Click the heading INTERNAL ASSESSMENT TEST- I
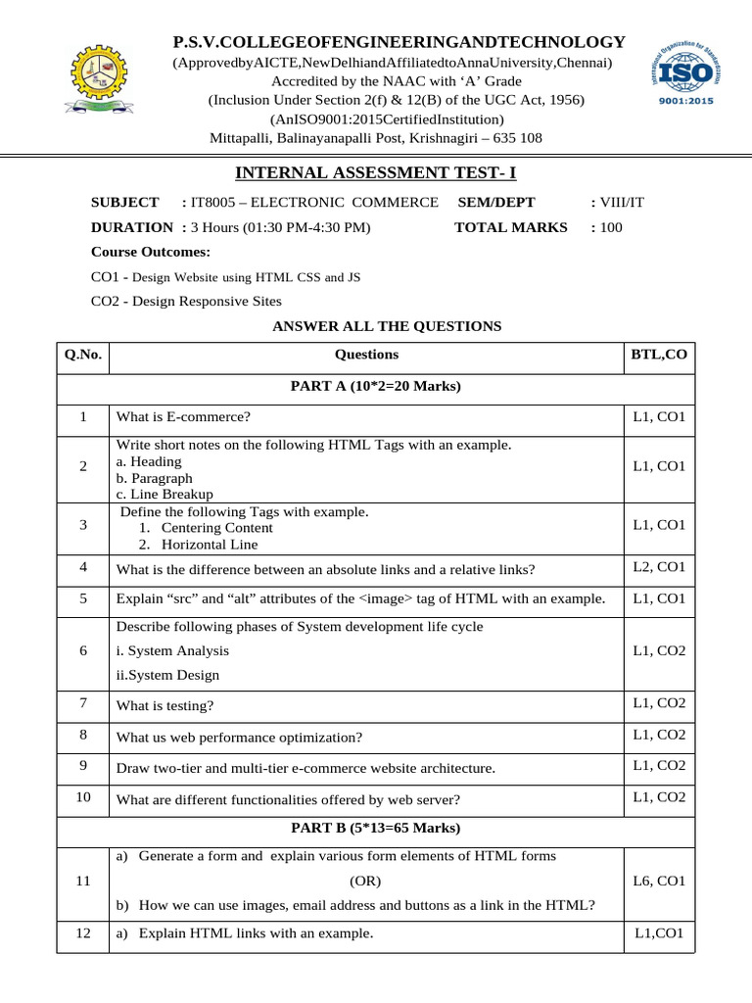(x=375, y=173)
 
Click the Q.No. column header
(x=82, y=355)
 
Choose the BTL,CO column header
(x=659, y=355)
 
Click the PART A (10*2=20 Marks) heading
(x=376, y=386)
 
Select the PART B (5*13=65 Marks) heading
(x=376, y=829)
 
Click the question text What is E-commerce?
(x=183, y=417)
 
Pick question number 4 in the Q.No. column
(x=82, y=567)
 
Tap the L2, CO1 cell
(x=659, y=567)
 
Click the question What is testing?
(x=164, y=705)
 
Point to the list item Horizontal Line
(x=211, y=545)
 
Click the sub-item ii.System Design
(x=167, y=675)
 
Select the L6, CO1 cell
(x=659, y=881)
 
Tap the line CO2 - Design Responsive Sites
(x=186, y=302)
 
